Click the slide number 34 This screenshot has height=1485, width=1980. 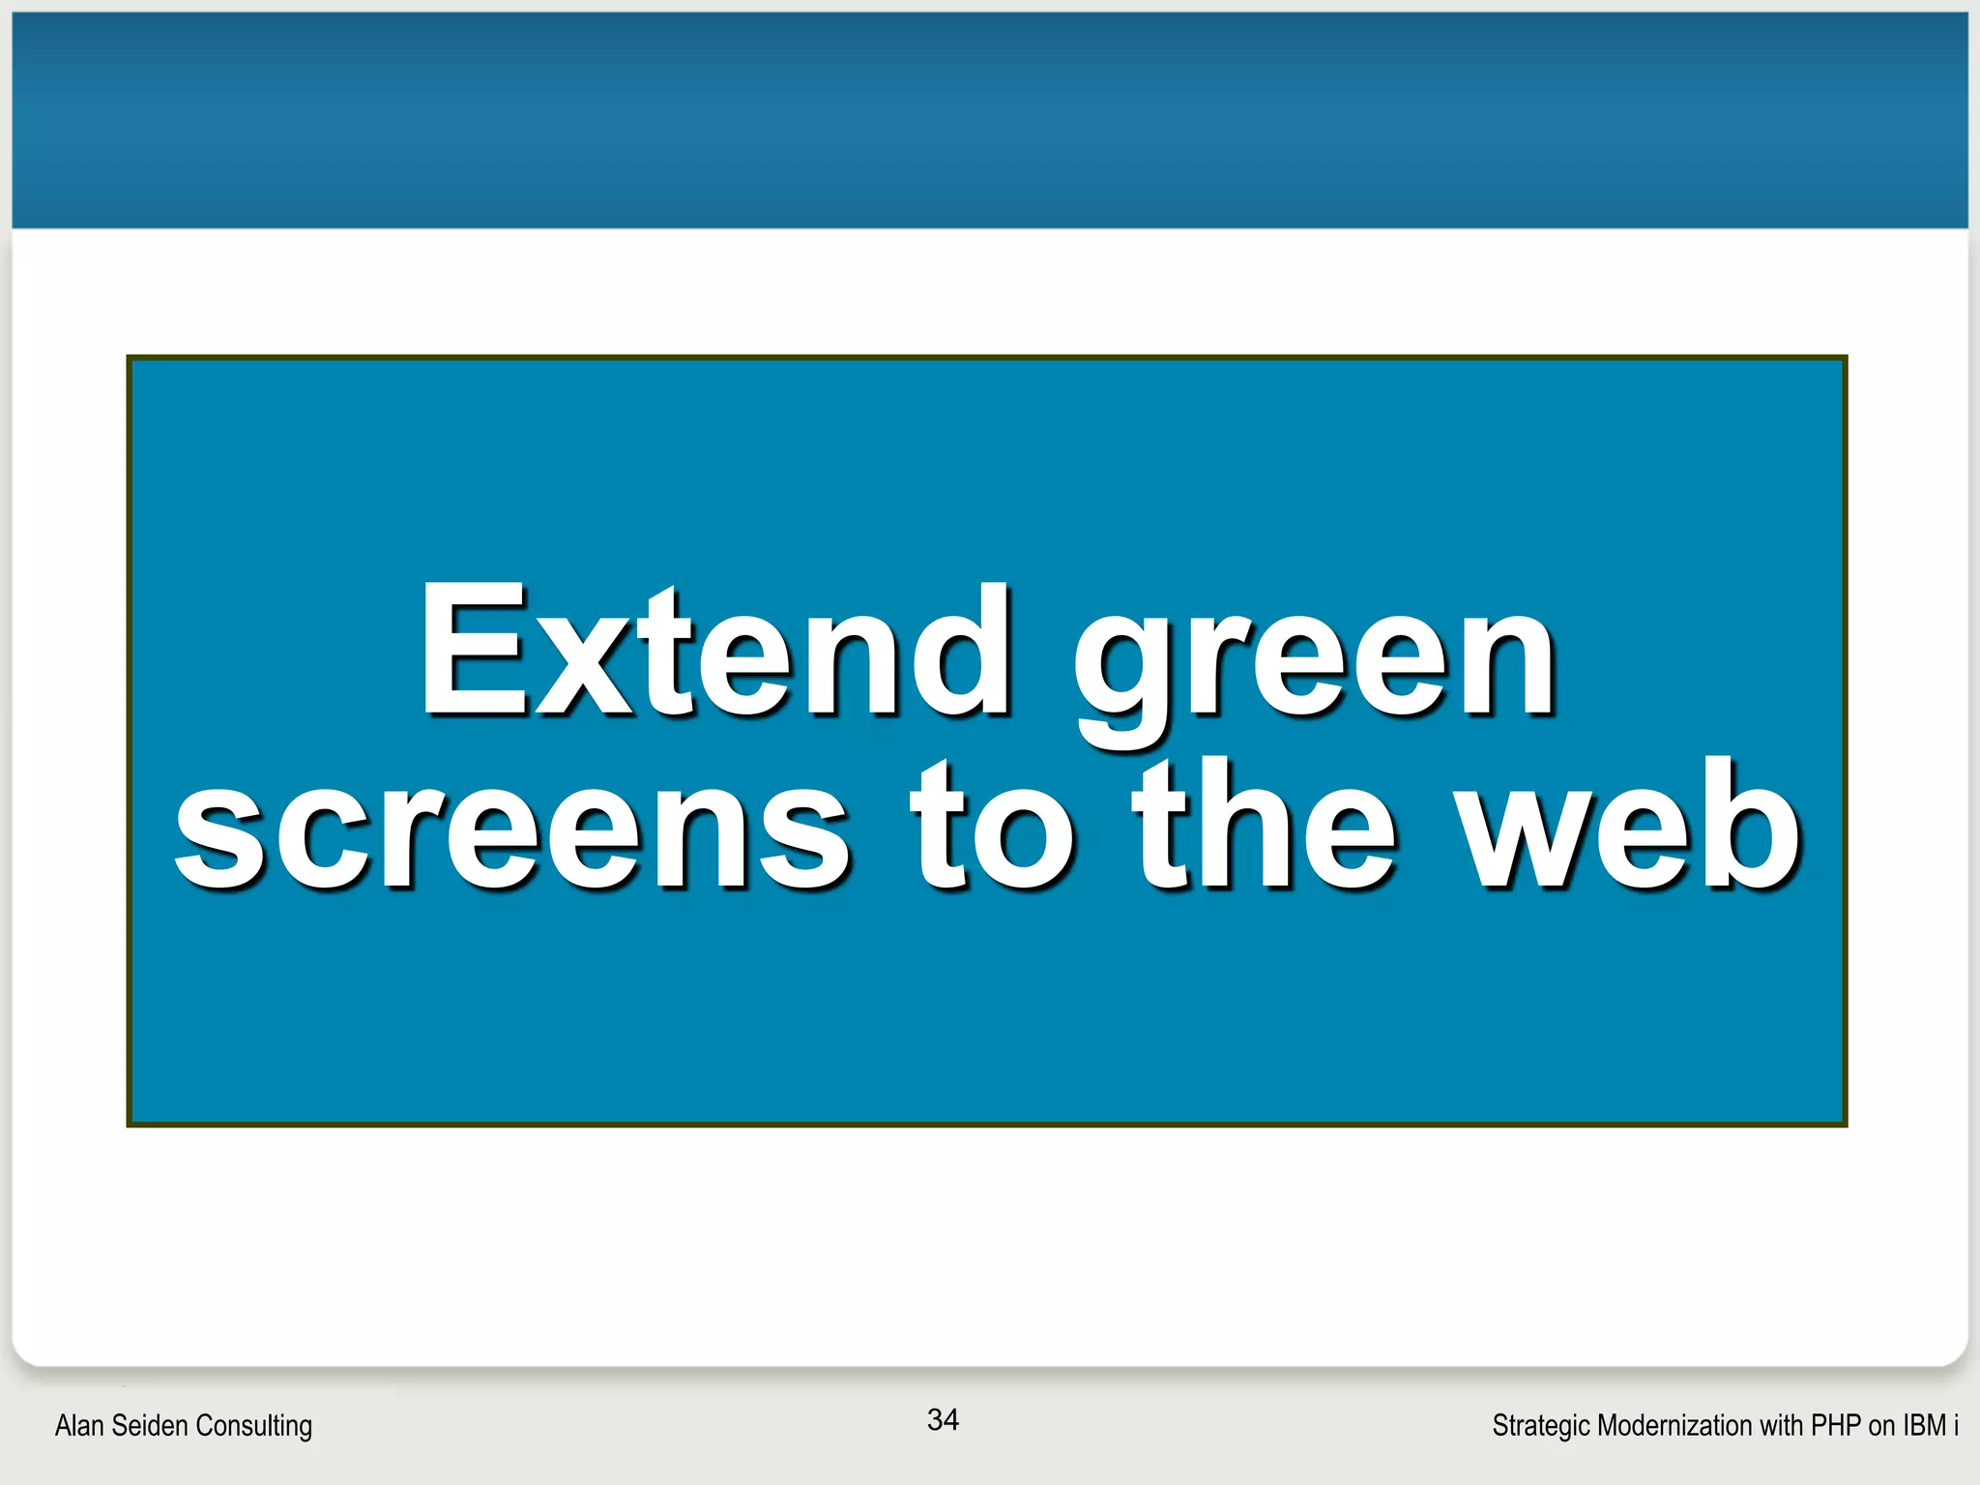[943, 1419]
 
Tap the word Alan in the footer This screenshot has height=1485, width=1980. [77, 1425]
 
